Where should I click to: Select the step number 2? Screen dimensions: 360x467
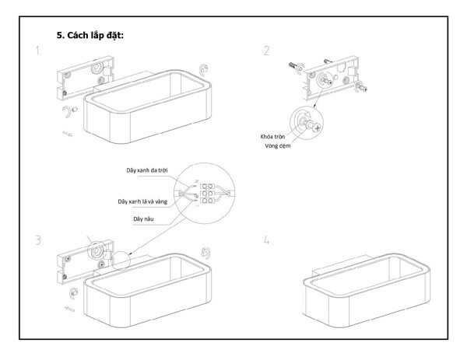tap(267, 51)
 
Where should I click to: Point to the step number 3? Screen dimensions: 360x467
tap(37, 239)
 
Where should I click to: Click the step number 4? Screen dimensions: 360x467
tap(267, 240)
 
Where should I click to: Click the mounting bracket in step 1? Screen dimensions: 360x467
tap(83, 82)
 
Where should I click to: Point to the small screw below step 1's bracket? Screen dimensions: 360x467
tap(68, 133)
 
